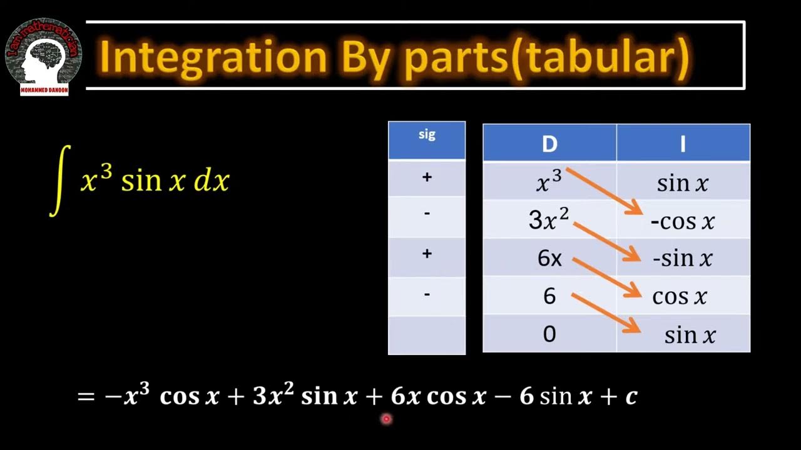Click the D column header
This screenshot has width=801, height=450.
pyautogui.click(x=549, y=144)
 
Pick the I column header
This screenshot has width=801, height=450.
pyautogui.click(x=683, y=144)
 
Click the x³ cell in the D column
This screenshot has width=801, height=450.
pyautogui.click(x=549, y=182)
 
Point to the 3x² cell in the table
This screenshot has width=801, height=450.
pyautogui.click(x=549, y=220)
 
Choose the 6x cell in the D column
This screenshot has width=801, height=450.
pyautogui.click(x=549, y=258)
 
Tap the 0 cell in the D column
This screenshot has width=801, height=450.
pyautogui.click(x=549, y=334)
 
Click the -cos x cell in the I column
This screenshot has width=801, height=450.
pyautogui.click(x=682, y=221)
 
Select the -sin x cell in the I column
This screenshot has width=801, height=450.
pyautogui.click(x=682, y=259)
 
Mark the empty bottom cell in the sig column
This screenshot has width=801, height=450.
pyautogui.click(x=427, y=335)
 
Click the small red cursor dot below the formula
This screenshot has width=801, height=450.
pyautogui.click(x=386, y=419)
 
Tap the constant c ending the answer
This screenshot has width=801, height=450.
pyautogui.click(x=631, y=396)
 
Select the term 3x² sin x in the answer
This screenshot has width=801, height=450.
pyautogui.click(x=304, y=396)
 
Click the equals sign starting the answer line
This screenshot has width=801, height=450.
pyautogui.click(x=86, y=396)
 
